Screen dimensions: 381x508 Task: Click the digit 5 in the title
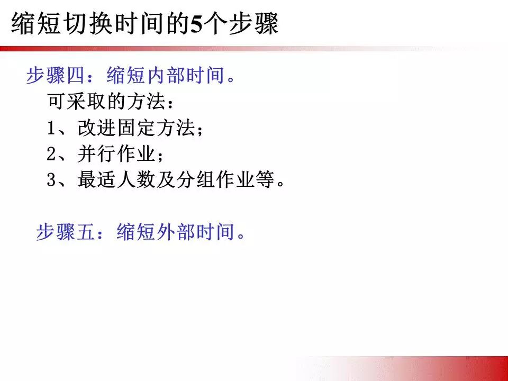click(x=196, y=25)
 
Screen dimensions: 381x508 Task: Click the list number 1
click(x=51, y=129)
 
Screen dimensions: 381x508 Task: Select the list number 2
click(x=51, y=155)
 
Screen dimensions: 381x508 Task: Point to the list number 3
click(x=51, y=180)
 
